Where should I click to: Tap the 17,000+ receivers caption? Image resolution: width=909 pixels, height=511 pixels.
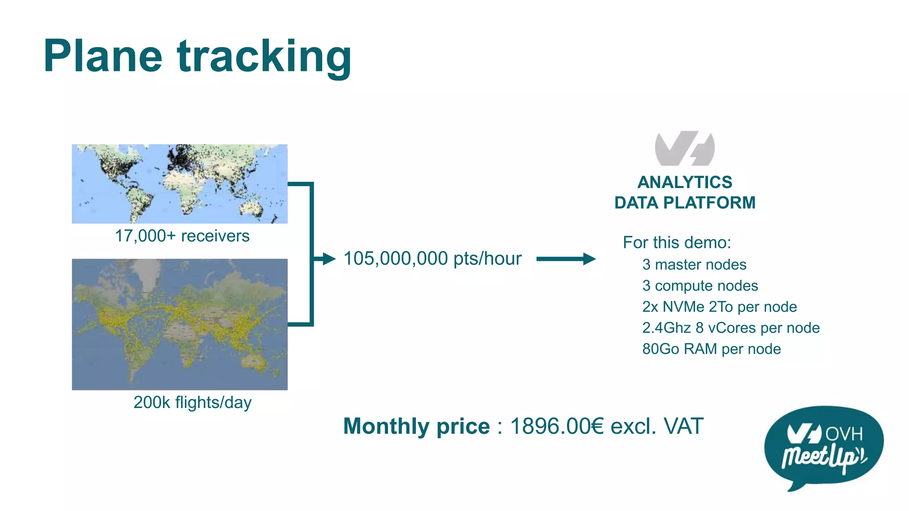pyautogui.click(x=182, y=236)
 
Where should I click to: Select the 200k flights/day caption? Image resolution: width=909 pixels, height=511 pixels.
pyautogui.click(x=192, y=402)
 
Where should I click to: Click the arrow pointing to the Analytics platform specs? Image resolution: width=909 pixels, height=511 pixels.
pyautogui.click(x=566, y=259)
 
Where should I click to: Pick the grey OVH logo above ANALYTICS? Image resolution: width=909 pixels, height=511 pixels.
pyautogui.click(x=684, y=148)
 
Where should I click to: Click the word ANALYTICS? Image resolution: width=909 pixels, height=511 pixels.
pyautogui.click(x=684, y=182)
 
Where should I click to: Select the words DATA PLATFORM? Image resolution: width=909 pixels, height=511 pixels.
pyautogui.click(x=684, y=203)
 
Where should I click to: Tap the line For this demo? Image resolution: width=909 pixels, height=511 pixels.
pyautogui.click(x=676, y=243)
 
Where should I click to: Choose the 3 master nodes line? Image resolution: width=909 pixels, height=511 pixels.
pyautogui.click(x=694, y=265)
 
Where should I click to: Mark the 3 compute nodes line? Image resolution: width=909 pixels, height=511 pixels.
pyautogui.click(x=700, y=286)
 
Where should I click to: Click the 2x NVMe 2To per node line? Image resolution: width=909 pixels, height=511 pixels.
pyautogui.click(x=719, y=307)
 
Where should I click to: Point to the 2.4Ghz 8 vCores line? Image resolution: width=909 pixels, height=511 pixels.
pyautogui.click(x=731, y=328)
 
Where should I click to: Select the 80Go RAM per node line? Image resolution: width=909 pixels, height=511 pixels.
pyautogui.click(x=711, y=349)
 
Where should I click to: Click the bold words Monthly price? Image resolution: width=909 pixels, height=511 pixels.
pyautogui.click(x=416, y=426)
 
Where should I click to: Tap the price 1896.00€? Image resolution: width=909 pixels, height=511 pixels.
pyautogui.click(x=557, y=426)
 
